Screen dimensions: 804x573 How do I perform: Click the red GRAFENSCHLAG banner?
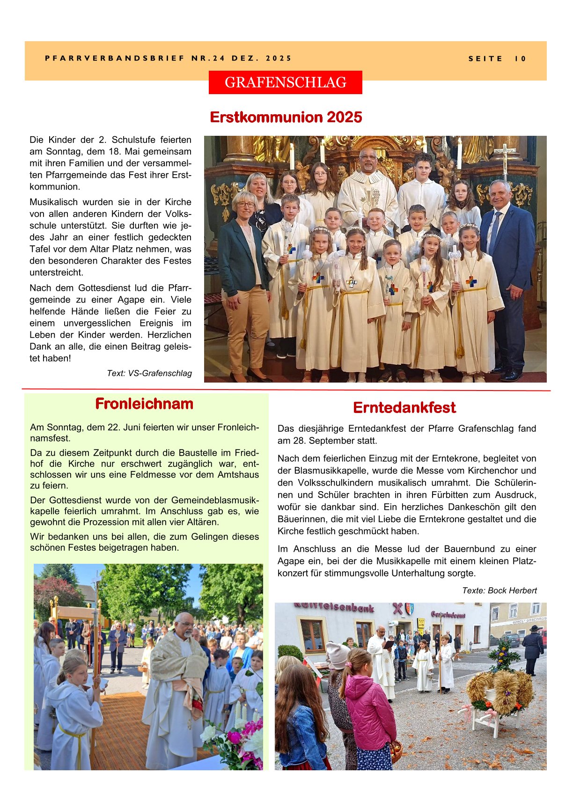(x=285, y=82)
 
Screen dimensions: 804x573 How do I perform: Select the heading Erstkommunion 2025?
(x=286, y=117)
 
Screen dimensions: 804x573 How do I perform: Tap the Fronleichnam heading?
(x=144, y=404)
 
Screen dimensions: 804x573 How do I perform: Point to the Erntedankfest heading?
(x=404, y=408)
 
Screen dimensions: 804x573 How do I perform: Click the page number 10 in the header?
(x=521, y=59)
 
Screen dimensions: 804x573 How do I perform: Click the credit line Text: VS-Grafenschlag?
(x=149, y=373)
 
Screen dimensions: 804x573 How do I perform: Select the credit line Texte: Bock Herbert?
(x=499, y=590)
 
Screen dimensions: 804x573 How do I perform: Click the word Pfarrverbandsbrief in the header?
(x=115, y=59)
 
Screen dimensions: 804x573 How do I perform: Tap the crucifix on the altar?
(x=504, y=160)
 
